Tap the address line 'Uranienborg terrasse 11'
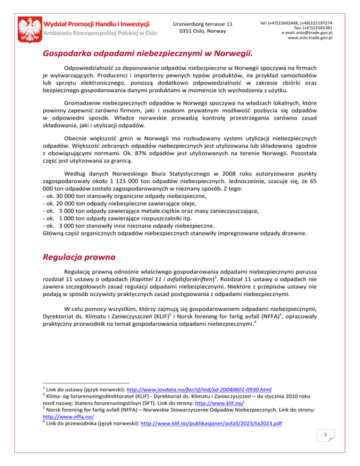pos(202,23)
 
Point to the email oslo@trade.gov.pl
pos(307,32)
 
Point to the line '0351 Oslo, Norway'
pos(202,31)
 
